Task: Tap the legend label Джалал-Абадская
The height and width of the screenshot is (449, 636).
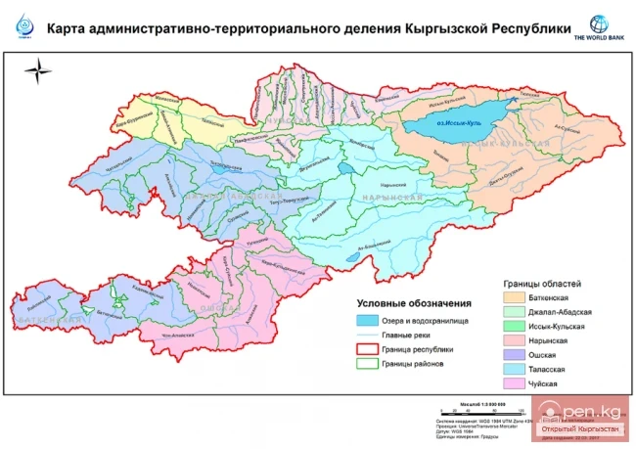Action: [x=567, y=311]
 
